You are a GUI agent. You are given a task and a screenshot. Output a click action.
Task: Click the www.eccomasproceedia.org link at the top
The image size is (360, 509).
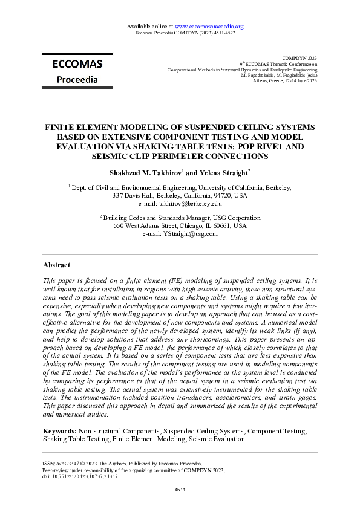click(x=209, y=27)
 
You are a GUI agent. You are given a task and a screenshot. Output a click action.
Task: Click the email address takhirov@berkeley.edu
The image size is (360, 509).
click(x=188, y=204)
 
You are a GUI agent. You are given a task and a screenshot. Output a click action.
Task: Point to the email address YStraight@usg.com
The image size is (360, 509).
click(x=188, y=233)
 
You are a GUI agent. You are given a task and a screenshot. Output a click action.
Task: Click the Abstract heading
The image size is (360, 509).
click(x=56, y=265)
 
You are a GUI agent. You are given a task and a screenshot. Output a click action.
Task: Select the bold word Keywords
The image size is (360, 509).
click(x=59, y=432)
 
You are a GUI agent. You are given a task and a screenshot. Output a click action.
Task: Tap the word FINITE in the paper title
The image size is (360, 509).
click(x=62, y=128)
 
